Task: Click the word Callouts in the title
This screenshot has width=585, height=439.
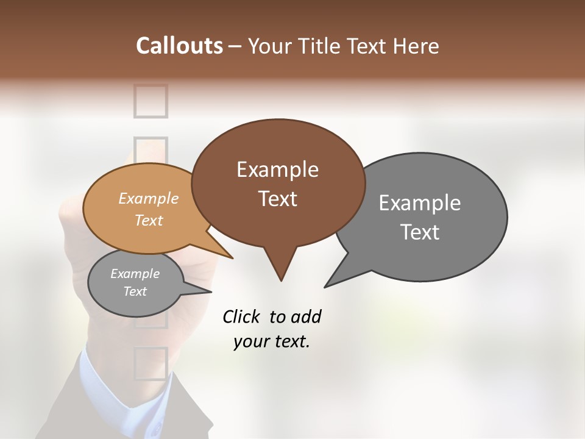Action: [x=179, y=46]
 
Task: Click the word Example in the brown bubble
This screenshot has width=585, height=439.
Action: [x=277, y=170]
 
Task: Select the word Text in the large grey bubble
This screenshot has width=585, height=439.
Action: [x=420, y=232]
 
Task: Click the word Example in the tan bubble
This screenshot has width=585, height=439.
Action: [x=149, y=198]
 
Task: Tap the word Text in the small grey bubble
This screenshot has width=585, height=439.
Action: [x=135, y=291]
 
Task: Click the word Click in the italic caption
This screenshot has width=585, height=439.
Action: [x=241, y=316]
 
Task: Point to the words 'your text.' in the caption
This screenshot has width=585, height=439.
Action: [x=272, y=341]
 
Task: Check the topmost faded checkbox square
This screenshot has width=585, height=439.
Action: [x=150, y=101]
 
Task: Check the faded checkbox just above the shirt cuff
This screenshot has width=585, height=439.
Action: [x=150, y=363]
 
